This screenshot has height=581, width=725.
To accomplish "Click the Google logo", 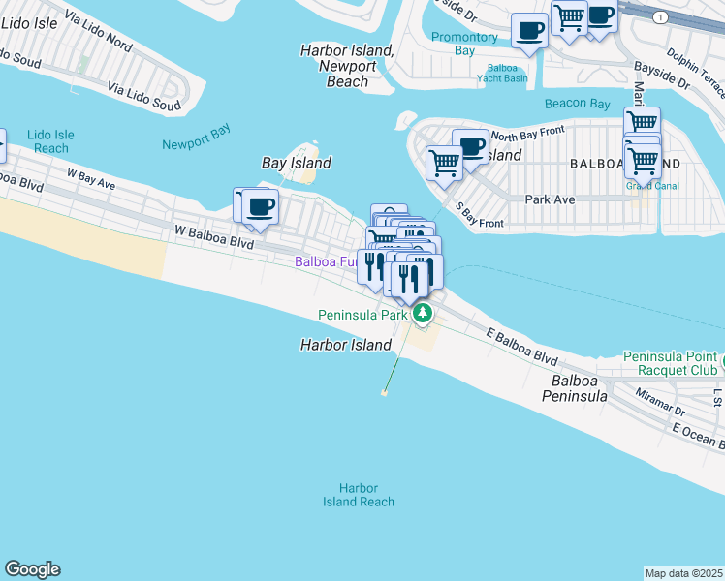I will (33, 569).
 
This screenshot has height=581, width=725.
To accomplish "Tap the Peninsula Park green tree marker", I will (423, 314).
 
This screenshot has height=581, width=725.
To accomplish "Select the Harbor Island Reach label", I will (359, 495).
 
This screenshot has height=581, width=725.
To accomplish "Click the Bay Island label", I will (297, 163).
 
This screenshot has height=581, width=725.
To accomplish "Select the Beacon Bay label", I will (577, 104).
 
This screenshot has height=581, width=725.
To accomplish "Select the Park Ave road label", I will (550, 199).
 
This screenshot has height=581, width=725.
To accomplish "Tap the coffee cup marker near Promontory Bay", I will (529, 31).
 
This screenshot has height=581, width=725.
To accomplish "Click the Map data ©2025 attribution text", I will (683, 573).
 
